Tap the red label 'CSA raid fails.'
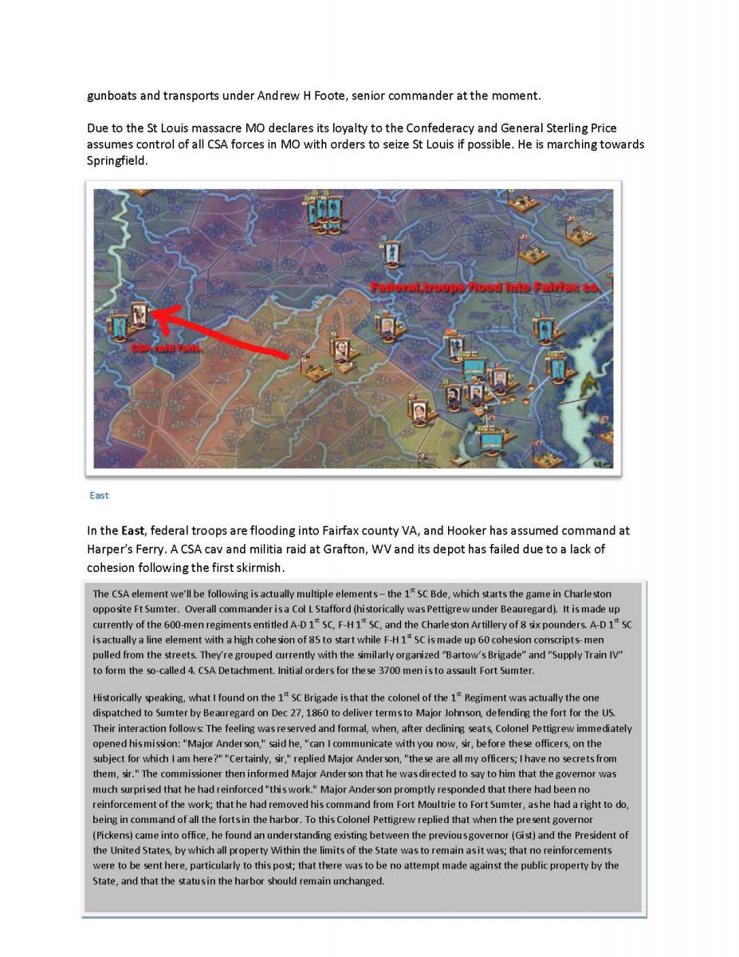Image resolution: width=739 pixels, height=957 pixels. tap(167, 349)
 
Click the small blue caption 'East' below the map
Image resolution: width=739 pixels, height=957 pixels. tap(99, 495)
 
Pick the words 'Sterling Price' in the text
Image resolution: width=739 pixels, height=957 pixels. tap(579, 128)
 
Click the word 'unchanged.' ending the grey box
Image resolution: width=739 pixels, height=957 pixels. tap(358, 881)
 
